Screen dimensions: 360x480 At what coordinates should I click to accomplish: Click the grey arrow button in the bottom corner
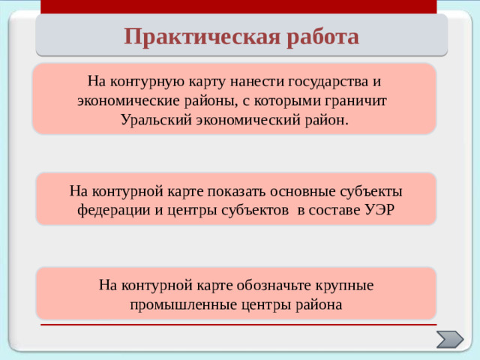coord(450,339)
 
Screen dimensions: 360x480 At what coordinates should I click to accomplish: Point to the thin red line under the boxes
coord(238,325)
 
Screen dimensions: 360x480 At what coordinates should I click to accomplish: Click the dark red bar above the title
coord(238,7)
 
